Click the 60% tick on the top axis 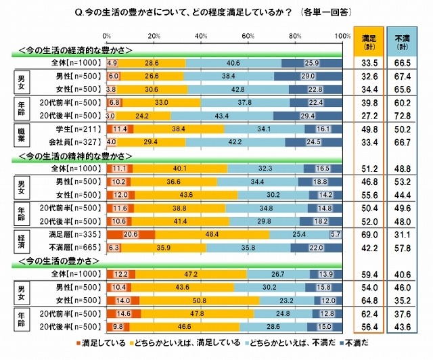[x=248, y=35]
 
